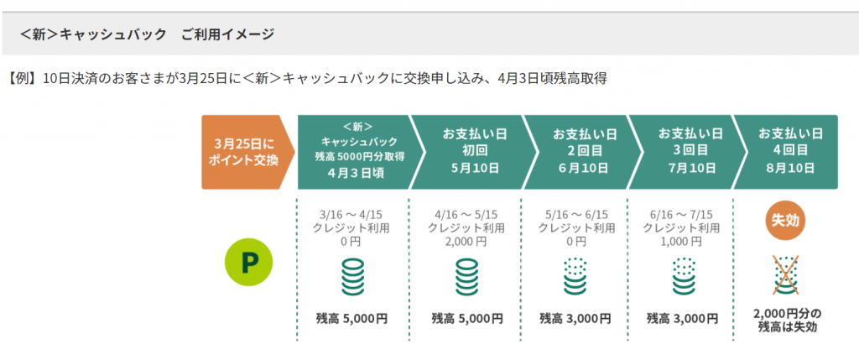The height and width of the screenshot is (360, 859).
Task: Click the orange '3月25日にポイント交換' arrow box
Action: (x=247, y=153)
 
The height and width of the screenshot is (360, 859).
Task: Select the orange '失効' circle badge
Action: (x=784, y=221)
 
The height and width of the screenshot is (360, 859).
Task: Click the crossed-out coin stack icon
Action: (x=785, y=275)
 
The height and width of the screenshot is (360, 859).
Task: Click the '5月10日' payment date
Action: (x=471, y=167)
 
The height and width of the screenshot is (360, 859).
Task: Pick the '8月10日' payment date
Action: (x=787, y=167)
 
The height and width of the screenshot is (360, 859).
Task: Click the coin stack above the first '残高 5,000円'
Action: (x=353, y=277)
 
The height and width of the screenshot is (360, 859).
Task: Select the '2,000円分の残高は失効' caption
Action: (x=788, y=321)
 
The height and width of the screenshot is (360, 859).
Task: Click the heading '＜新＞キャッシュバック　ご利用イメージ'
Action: (x=147, y=34)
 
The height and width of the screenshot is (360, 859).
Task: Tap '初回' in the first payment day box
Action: (x=471, y=150)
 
